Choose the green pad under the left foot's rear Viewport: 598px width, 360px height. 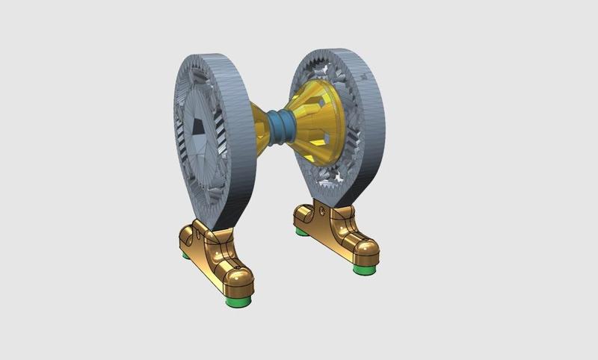pyautogui.click(x=185, y=255)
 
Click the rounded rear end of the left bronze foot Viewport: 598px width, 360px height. pyautogui.click(x=185, y=243)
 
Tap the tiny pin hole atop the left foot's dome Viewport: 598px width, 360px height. pyautogui.click(x=238, y=267)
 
